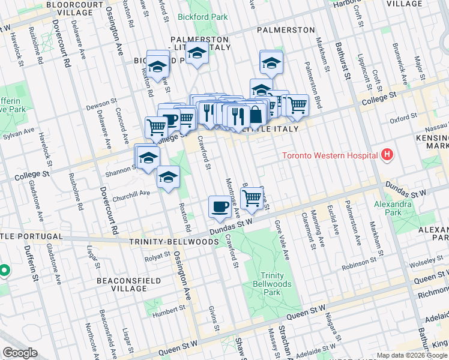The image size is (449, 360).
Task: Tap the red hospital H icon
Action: pyautogui.click(x=387, y=155)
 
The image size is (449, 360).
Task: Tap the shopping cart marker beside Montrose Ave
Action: pyautogui.click(x=252, y=197)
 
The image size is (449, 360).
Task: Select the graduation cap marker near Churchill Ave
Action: pyautogui.click(x=169, y=178)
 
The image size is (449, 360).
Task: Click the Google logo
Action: pyautogui.click(x=20, y=353)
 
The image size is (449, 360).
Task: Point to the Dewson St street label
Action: pyautogui.click(x=97, y=106)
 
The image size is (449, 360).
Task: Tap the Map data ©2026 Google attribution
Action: pyautogui.click(x=412, y=355)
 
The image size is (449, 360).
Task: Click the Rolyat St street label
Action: pyautogui.click(x=158, y=259)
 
